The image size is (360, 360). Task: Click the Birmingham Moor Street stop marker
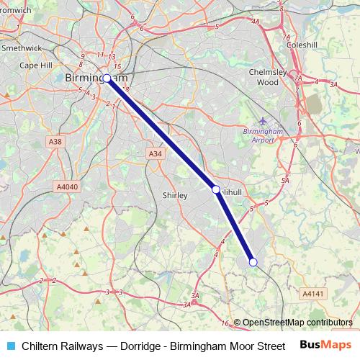[107, 78]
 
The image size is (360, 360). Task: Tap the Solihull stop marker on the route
[215, 189]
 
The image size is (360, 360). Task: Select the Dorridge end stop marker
[253, 262]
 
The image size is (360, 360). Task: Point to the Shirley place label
[175, 195]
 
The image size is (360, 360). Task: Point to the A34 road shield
[155, 154]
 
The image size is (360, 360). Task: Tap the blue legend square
[10, 346]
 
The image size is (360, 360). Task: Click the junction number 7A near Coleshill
[287, 37]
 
